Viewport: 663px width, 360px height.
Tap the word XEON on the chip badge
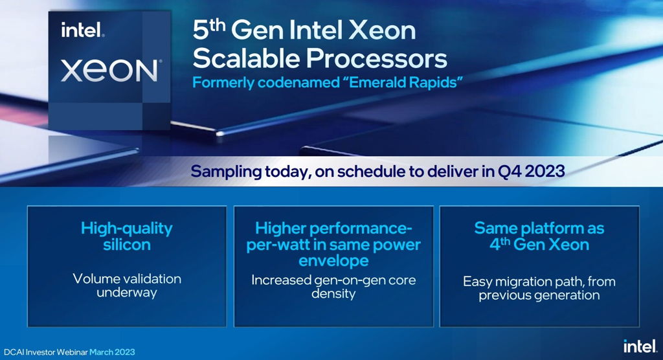(109, 70)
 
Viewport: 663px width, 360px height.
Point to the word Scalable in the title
(247, 58)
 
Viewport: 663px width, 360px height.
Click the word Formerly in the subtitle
(221, 84)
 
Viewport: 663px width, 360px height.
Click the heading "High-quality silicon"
(127, 236)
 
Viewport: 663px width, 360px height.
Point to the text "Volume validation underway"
(127, 286)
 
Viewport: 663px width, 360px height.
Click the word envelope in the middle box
(334, 261)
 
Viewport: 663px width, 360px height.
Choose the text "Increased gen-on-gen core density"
(333, 287)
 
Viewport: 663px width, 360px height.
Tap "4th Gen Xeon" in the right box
(539, 245)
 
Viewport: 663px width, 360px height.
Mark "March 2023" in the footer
(112, 352)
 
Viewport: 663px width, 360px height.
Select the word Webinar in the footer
(71, 352)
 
